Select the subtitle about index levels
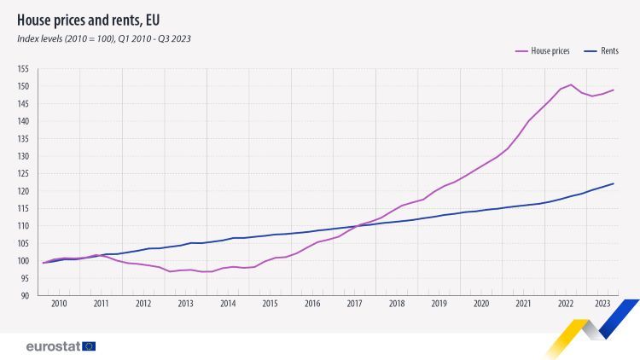pyautogui.click(x=103, y=38)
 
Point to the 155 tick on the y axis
pyautogui.click(x=23, y=69)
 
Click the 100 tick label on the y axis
pyautogui.click(x=23, y=261)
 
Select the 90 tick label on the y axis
pyautogui.click(x=25, y=296)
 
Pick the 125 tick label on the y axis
pyautogui.click(x=23, y=174)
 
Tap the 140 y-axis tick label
pyautogui.click(x=23, y=121)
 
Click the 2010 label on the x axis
pyautogui.click(x=59, y=304)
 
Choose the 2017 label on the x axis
pyautogui.click(x=355, y=304)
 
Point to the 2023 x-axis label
pyautogui.click(x=602, y=304)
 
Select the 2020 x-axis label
pyautogui.click(x=481, y=304)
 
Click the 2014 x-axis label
pyautogui.click(x=228, y=304)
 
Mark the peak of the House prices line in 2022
pyautogui.click(x=571, y=84)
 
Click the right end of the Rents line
pyautogui.click(x=614, y=183)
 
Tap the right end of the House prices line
pyautogui.click(x=614, y=90)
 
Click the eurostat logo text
pyautogui.click(x=52, y=346)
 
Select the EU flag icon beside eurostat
pyautogui.click(x=89, y=346)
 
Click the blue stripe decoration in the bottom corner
pyautogui.click(x=618, y=317)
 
